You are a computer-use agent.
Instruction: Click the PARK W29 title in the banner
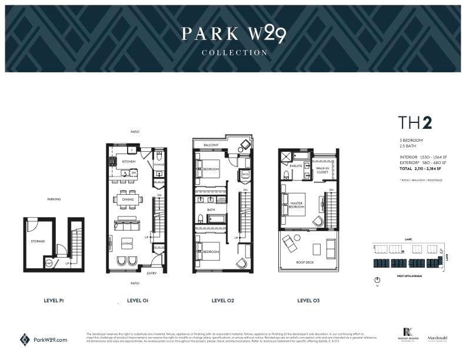point(234,34)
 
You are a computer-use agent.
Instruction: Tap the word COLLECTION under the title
point(234,53)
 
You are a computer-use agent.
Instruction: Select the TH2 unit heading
point(415,123)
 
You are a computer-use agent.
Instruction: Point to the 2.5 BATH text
point(406,145)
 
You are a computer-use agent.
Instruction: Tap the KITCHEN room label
point(129,161)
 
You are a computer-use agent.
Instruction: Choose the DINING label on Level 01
point(128,199)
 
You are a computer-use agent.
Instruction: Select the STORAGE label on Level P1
point(38,241)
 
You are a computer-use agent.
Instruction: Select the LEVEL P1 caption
point(54,301)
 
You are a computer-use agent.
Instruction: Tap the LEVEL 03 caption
point(308,301)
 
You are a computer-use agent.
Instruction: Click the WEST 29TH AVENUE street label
point(401,274)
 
